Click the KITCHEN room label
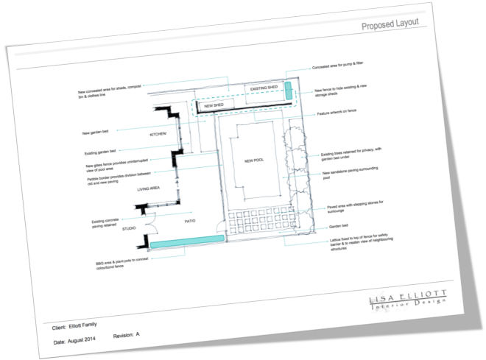160,134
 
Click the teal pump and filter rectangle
289,90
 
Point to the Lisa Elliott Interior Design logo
408,298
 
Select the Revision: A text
127,335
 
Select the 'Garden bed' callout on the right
337,227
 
